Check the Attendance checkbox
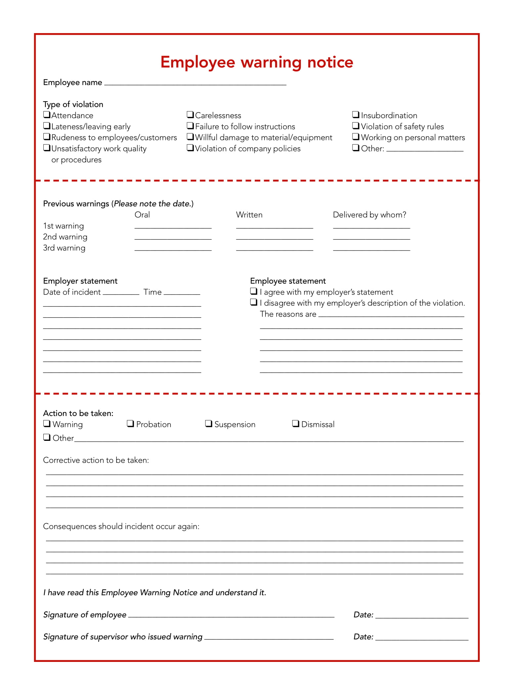(x=47, y=115)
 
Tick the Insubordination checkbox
(x=355, y=115)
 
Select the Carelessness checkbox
(x=190, y=115)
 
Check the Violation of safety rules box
(x=355, y=126)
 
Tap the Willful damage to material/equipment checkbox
(x=190, y=137)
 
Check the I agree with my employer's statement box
(x=254, y=291)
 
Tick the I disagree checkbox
(x=254, y=302)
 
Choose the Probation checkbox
(x=130, y=424)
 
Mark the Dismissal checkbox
(x=296, y=424)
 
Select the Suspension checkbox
(x=209, y=424)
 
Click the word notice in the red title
(x=330, y=62)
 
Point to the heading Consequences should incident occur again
(x=121, y=527)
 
